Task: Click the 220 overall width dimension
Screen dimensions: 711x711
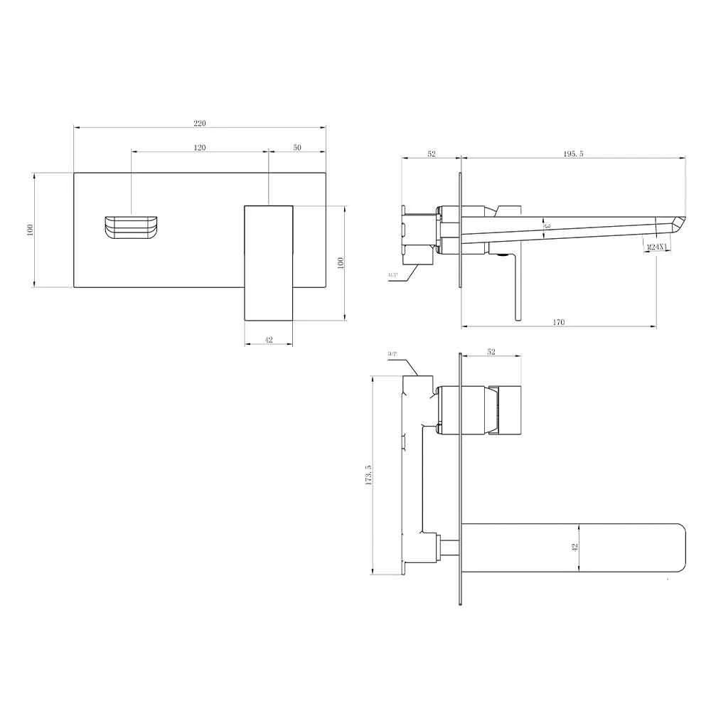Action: click(x=200, y=123)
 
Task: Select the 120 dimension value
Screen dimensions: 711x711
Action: click(x=200, y=147)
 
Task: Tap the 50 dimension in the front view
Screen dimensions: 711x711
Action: click(x=297, y=147)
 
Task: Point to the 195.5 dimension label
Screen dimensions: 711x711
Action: click(x=573, y=154)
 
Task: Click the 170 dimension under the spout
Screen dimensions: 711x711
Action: click(x=559, y=322)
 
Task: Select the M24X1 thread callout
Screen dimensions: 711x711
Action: click(x=657, y=247)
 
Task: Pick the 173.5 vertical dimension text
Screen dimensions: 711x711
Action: click(x=368, y=475)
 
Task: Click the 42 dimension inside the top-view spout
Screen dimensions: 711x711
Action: click(x=575, y=547)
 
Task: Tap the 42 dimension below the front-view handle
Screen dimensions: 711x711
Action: click(x=269, y=340)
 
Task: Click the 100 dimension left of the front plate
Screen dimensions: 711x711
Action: click(x=30, y=230)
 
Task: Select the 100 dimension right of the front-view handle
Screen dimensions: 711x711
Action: click(x=341, y=262)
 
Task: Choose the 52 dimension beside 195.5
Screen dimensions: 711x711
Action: click(x=431, y=154)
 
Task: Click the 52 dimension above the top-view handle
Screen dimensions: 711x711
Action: click(x=491, y=351)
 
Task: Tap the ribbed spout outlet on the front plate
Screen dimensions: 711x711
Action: click(x=132, y=227)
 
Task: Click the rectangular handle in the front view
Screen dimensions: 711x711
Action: click(x=269, y=262)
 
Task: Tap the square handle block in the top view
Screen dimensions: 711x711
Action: click(x=508, y=411)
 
